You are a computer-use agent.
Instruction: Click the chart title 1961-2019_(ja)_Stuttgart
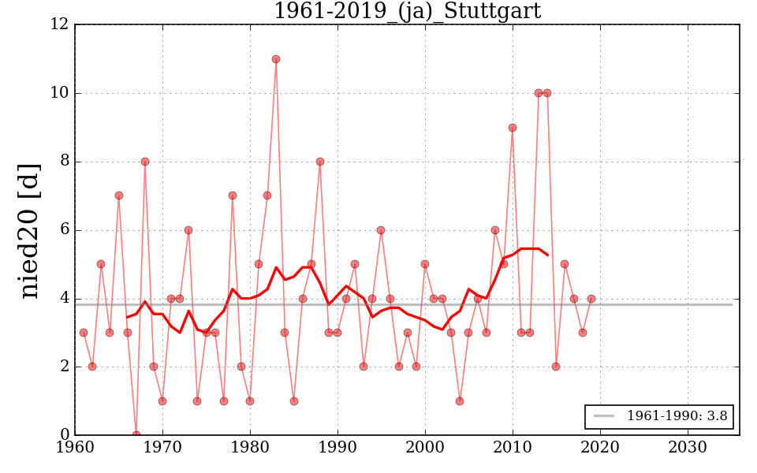coord(407,11)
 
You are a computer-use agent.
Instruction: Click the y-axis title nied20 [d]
coord(29,230)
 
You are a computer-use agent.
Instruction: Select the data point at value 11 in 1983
coord(276,59)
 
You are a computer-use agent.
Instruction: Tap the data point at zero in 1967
coord(136,434)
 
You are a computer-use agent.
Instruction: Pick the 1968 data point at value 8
coord(145,162)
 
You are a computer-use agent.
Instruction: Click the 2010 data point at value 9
coord(513,128)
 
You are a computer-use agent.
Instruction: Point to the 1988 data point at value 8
coord(320,162)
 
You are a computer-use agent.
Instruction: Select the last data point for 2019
coord(591,299)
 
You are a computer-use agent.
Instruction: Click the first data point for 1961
coord(84,333)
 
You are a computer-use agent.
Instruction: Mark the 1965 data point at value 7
coord(119,196)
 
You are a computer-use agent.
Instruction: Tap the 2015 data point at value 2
coord(556,367)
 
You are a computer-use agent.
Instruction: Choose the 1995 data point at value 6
coord(381,230)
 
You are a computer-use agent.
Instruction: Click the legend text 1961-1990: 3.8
coord(677,416)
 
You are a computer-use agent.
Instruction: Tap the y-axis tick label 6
coord(64,230)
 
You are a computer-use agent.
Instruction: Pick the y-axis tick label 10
coord(60,93)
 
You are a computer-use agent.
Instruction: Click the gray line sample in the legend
coord(603,416)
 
